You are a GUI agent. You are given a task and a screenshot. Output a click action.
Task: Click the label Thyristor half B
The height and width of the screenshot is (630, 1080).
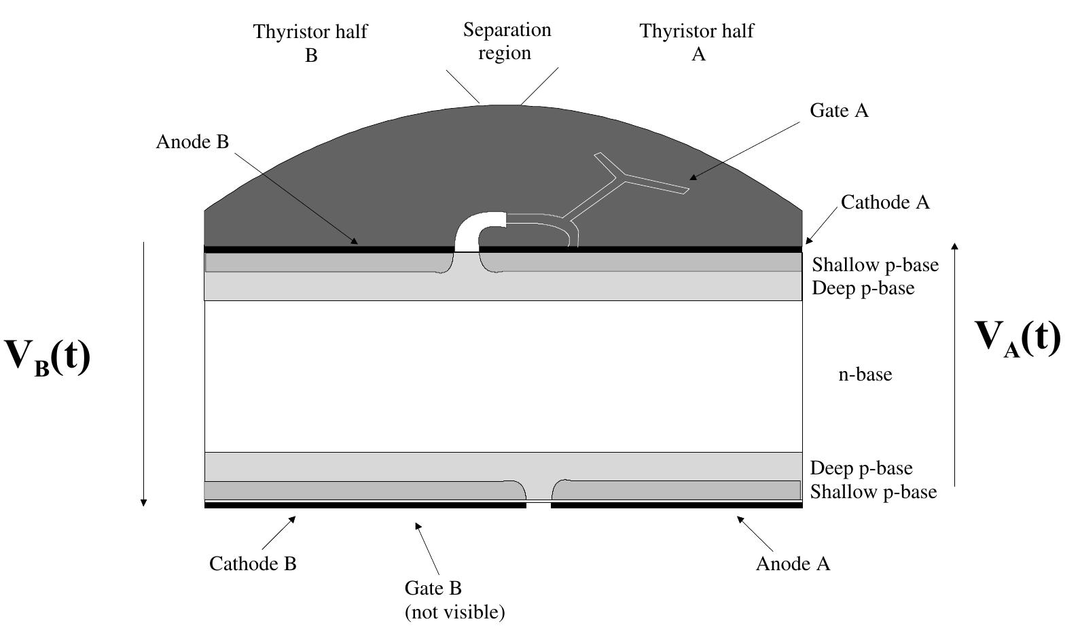310,43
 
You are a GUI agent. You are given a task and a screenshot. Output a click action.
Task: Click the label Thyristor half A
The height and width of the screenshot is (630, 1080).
697,42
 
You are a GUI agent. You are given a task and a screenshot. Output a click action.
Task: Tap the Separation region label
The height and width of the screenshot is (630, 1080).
507,41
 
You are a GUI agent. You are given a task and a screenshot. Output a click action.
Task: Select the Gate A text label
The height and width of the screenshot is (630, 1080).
839,111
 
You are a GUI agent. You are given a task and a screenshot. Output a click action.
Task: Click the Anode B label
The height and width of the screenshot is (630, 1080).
192,141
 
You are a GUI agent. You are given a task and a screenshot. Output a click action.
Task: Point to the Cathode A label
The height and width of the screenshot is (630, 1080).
884,202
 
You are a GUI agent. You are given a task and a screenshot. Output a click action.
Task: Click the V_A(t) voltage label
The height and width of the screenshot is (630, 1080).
1017,337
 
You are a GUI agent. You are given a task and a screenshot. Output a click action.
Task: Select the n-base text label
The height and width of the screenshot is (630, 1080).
865,374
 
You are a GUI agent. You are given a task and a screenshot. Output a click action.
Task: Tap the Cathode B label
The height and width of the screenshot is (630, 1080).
253,563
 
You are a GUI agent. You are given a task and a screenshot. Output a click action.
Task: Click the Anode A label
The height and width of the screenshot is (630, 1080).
793,563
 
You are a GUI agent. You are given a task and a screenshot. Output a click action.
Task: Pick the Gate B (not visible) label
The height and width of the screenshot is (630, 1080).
454,599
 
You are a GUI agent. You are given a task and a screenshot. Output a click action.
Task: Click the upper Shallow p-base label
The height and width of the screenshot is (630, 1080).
875,264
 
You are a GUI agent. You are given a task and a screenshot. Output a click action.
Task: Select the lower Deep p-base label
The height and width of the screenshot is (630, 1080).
861,468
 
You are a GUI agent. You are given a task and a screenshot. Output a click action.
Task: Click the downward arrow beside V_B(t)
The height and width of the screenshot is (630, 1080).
143,374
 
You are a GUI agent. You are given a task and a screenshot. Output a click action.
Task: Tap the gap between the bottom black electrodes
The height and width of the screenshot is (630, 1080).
538,505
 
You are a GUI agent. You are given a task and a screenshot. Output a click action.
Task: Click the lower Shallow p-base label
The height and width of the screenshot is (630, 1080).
873,491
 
